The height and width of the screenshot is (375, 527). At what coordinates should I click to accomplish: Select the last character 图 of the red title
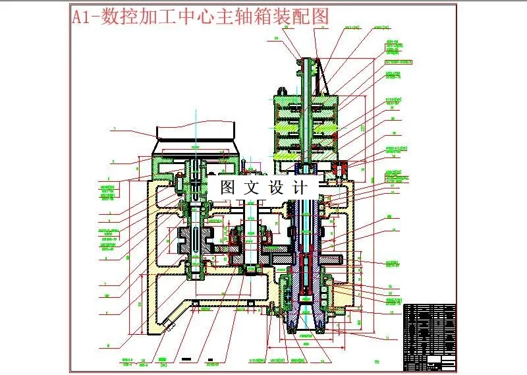tap(319, 16)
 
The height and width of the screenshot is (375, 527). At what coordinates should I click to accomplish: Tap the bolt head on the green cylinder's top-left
tap(281, 90)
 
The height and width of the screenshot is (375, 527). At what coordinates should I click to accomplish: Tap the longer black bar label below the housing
tap(186, 359)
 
